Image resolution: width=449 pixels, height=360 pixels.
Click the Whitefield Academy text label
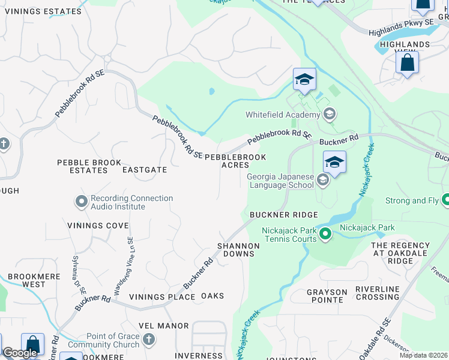click(x=283, y=115)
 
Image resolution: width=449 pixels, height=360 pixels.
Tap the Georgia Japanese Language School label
click(x=280, y=181)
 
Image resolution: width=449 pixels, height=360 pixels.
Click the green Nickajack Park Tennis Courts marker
click(x=325, y=233)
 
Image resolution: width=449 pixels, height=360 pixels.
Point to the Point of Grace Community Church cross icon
click(x=149, y=340)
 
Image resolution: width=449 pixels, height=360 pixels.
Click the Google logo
click(x=20, y=353)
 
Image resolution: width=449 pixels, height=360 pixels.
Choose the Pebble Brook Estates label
click(x=89, y=166)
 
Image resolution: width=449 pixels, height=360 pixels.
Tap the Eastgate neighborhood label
click(x=145, y=170)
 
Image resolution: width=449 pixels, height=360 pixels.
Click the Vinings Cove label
click(x=98, y=226)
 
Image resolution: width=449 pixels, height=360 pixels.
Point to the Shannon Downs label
click(x=238, y=250)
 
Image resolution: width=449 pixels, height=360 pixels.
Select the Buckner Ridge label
click(x=283, y=215)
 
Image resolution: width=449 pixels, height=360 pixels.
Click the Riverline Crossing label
click(x=378, y=292)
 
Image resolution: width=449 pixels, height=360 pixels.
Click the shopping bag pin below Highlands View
click(x=407, y=63)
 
